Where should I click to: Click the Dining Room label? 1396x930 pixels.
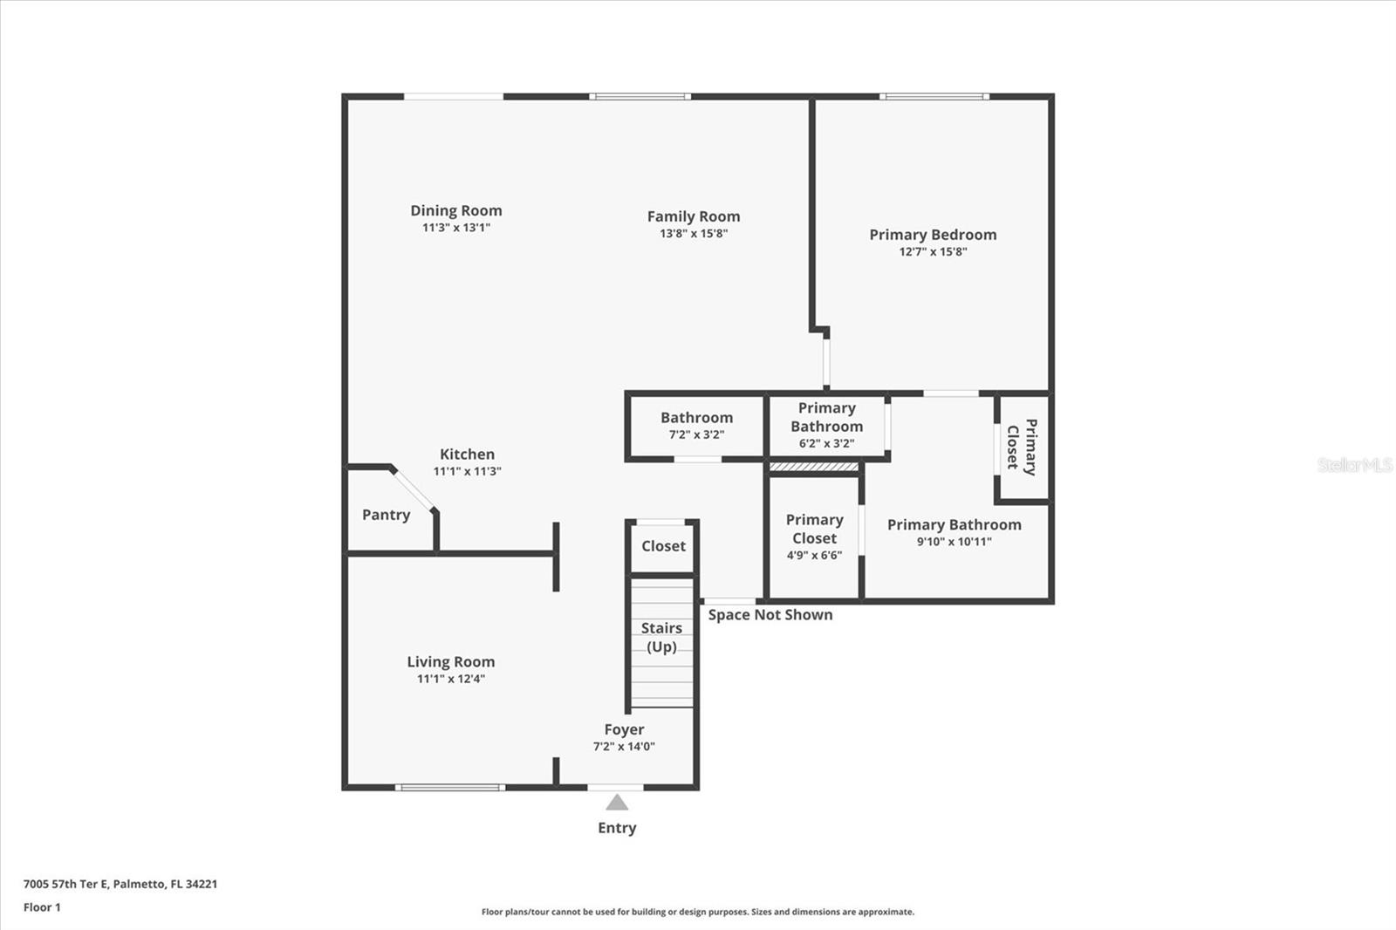click(x=455, y=210)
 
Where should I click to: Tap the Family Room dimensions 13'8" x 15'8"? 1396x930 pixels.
click(x=694, y=234)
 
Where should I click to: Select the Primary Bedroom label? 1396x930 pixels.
click(x=933, y=235)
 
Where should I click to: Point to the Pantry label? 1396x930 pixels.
click(x=387, y=515)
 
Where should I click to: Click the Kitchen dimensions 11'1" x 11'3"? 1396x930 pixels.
click(x=468, y=472)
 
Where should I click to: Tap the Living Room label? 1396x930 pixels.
click(x=450, y=662)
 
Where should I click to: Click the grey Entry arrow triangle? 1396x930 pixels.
click(x=617, y=803)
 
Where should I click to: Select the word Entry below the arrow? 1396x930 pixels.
click(x=617, y=828)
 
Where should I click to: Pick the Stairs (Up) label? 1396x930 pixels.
click(x=662, y=637)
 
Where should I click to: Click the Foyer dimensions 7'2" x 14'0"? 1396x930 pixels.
click(x=624, y=747)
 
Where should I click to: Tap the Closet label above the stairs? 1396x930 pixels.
click(x=663, y=546)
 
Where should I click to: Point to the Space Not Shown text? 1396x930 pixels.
click(x=770, y=615)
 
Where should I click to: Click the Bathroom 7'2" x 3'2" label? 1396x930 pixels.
click(x=697, y=426)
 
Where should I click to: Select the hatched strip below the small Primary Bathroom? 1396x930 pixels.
click(x=814, y=467)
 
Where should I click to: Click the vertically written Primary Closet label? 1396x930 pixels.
click(x=1022, y=447)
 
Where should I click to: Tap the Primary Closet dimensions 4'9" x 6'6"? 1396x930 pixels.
click(x=815, y=556)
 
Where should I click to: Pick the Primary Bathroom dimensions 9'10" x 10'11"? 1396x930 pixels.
click(x=955, y=542)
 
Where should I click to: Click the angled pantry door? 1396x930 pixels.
click(x=414, y=490)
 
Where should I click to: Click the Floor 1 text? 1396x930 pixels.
click(x=43, y=907)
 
